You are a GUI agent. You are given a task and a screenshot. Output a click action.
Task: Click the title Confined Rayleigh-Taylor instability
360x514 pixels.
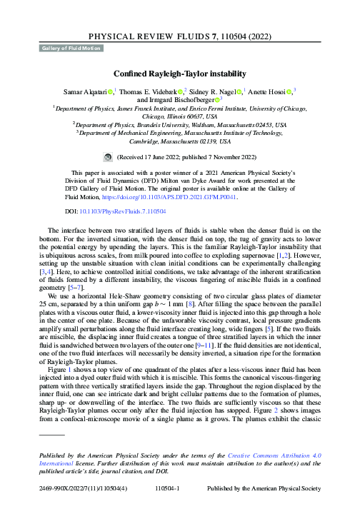pyautogui.click(x=180, y=73)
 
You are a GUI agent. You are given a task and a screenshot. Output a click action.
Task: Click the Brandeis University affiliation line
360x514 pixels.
pyautogui.click(x=180, y=123)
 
